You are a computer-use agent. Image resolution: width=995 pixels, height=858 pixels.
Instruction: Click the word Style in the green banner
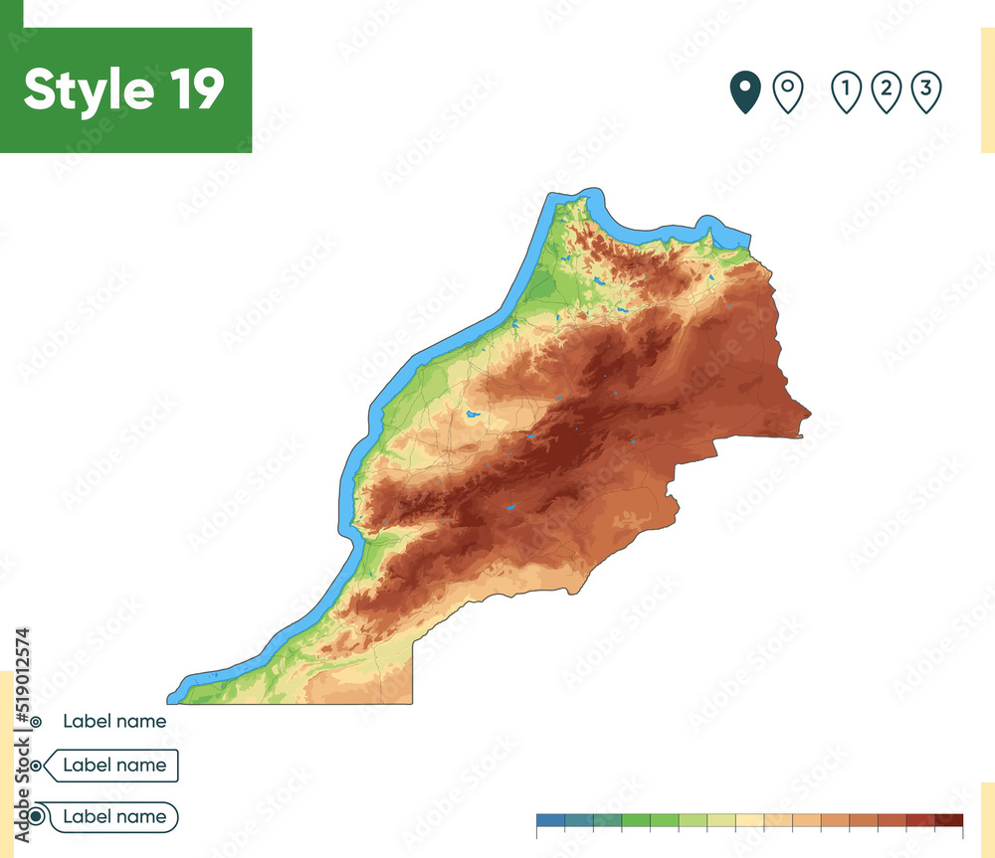[88, 90]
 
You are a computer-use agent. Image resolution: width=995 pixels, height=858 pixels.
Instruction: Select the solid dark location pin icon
[744, 92]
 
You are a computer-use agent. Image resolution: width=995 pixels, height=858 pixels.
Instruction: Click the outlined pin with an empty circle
[788, 92]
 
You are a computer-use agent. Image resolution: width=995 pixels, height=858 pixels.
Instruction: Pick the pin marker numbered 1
[846, 92]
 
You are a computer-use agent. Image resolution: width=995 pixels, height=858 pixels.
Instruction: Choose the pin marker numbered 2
[886, 92]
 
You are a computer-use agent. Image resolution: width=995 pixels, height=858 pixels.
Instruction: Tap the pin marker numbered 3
[925, 92]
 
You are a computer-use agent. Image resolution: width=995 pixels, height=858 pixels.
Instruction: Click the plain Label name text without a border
[114, 722]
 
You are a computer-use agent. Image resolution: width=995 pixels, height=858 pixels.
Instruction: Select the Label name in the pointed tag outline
[114, 766]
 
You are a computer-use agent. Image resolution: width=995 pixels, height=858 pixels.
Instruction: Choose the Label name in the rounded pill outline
[114, 817]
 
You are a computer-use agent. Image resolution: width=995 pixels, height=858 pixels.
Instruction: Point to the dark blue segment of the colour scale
[550, 821]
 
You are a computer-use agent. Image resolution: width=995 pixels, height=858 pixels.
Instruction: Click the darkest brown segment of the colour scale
[949, 821]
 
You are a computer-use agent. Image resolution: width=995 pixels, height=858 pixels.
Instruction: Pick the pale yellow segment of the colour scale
[749, 821]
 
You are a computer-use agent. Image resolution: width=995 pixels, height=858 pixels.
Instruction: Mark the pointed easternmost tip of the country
[809, 414]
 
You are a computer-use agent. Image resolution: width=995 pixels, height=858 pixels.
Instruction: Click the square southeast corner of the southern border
[412, 702]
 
